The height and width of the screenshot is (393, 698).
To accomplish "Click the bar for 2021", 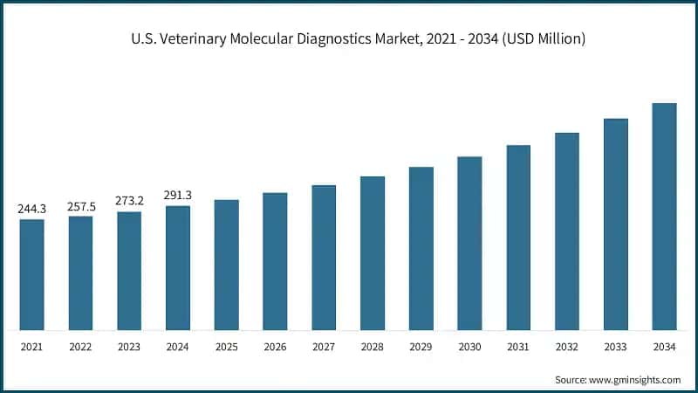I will tap(32, 275).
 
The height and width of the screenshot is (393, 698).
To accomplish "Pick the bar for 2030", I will tap(469, 244).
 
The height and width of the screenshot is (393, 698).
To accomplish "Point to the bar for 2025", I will tap(227, 265).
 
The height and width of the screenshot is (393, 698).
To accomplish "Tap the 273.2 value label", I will tap(129, 201).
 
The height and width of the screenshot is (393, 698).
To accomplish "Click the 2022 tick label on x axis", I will tap(80, 347).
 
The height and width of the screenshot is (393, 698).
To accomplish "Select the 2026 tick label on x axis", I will tap(275, 347).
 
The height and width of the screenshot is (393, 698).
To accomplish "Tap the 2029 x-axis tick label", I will tap(421, 347).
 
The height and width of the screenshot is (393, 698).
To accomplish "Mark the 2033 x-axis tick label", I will tap(616, 347).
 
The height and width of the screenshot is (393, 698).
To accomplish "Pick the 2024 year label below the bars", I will tap(178, 347).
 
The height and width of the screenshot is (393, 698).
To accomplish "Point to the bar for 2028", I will tap(373, 253).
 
